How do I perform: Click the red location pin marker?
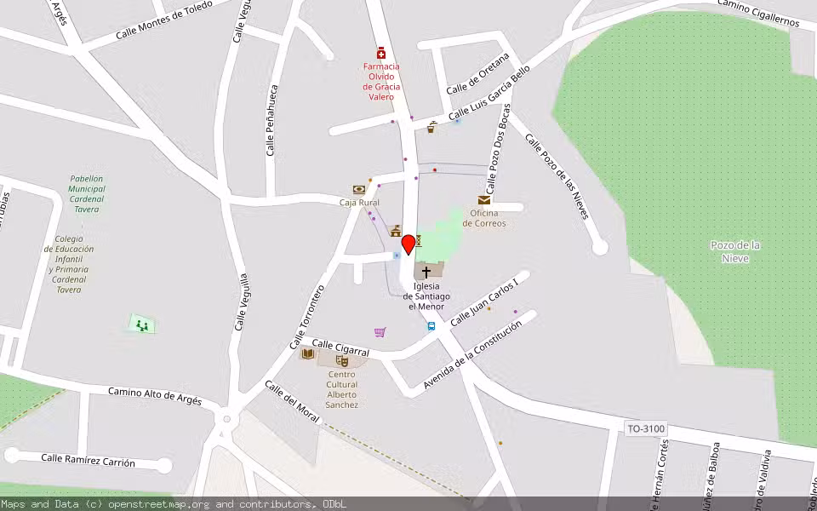point(408,244)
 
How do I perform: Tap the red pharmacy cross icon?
point(381,53)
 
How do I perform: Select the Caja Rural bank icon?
point(358,190)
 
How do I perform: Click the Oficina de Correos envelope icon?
point(483,200)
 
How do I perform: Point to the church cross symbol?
point(426,272)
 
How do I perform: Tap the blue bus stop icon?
point(431,326)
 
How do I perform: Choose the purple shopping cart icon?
point(380,332)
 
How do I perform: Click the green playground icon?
point(142,324)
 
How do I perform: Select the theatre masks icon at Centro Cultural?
point(342,360)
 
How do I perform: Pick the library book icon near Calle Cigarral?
point(307,353)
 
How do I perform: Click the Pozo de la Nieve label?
point(735,251)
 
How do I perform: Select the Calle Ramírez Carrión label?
point(89,460)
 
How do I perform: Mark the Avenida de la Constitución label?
point(472,355)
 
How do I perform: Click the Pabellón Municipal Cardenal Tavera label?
point(87,194)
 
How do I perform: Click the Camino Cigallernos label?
point(757,12)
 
